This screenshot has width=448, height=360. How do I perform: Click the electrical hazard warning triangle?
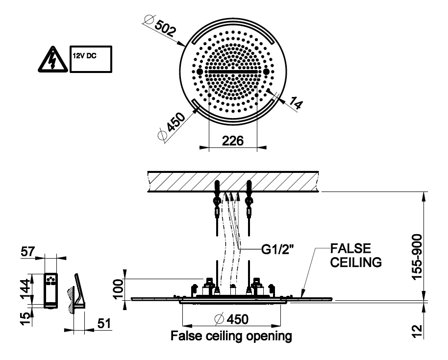[51, 60]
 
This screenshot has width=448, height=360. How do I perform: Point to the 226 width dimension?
[233, 141]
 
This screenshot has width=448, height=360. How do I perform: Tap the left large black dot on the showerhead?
[199, 72]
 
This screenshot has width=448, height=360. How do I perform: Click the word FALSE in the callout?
[350, 248]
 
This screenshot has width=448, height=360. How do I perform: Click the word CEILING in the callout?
[356, 263]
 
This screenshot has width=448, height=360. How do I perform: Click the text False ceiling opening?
[231, 337]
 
